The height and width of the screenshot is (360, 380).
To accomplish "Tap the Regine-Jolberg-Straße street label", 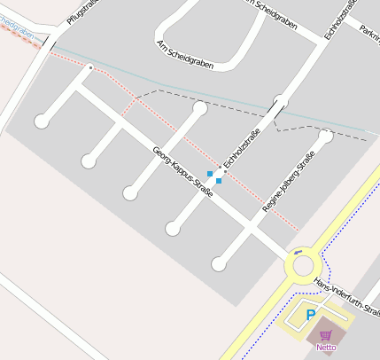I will (x=290, y=183).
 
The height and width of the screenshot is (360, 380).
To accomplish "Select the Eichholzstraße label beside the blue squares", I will (x=240, y=148).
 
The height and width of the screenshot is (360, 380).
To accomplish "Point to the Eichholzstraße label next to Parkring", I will (x=342, y=19).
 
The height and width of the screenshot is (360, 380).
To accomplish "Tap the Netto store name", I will (x=326, y=348).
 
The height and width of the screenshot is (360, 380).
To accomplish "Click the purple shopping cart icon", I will (x=326, y=335).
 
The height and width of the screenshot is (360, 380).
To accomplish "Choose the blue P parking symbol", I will (x=311, y=315).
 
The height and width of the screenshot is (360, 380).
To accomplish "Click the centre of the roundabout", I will (x=304, y=264).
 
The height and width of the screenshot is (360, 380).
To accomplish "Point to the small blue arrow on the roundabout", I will (x=298, y=251).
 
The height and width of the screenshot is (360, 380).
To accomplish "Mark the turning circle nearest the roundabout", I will (x=219, y=263).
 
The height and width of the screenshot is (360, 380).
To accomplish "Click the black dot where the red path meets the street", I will (x=91, y=67).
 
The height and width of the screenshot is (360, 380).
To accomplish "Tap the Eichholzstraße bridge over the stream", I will (x=277, y=110).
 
